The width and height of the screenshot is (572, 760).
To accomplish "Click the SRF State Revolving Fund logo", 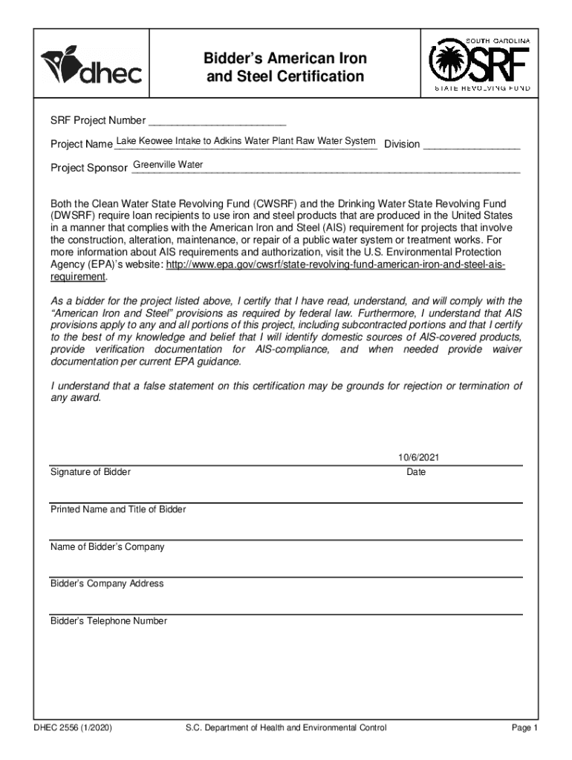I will point(479,65).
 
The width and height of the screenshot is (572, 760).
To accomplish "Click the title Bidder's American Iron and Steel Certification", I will point(285,68).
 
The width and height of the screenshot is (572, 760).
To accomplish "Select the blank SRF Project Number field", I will point(217,120).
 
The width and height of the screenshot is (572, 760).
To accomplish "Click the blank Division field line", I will point(471,145).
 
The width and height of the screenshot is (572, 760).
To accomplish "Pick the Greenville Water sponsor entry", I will point(168,165).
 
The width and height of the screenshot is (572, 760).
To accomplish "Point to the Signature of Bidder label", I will point(90,473).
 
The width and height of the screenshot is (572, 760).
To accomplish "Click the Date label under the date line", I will point(416,473).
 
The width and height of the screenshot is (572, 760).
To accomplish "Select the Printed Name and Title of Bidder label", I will point(118,510).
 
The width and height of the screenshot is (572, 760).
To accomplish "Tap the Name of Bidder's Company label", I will point(107,547).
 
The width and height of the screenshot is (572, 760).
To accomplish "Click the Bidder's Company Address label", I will point(107,583).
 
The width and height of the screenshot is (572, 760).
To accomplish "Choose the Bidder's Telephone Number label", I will point(108,620).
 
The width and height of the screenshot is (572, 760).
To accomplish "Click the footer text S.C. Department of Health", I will point(286,728).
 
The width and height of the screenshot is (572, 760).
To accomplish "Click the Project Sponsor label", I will point(89,168).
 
